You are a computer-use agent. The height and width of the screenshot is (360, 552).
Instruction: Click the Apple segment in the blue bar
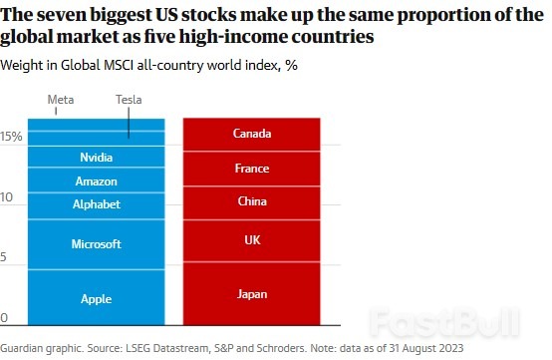point(97,298)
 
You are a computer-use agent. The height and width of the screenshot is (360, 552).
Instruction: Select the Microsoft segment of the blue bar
point(97,243)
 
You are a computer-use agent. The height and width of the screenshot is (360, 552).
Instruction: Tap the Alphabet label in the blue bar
point(97,204)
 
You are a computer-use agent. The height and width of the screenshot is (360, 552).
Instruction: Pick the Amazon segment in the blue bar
point(97,181)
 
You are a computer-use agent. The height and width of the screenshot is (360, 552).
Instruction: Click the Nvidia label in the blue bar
point(97,158)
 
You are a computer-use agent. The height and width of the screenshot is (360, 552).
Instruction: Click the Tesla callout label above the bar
point(129,100)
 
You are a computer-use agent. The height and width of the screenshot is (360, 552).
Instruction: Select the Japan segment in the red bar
point(251,294)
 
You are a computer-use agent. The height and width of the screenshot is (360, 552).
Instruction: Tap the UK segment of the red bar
point(251,239)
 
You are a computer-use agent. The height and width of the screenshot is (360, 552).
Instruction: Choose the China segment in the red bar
point(251,200)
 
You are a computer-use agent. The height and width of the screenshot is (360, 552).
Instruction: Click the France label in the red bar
point(251,169)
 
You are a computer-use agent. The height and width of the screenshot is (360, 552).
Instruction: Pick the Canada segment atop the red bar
point(251,134)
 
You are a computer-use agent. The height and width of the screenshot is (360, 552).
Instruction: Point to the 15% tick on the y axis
point(11,137)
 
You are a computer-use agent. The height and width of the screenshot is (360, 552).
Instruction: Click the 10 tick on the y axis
point(7,197)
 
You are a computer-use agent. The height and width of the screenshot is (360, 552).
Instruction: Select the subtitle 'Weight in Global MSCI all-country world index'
point(137,65)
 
